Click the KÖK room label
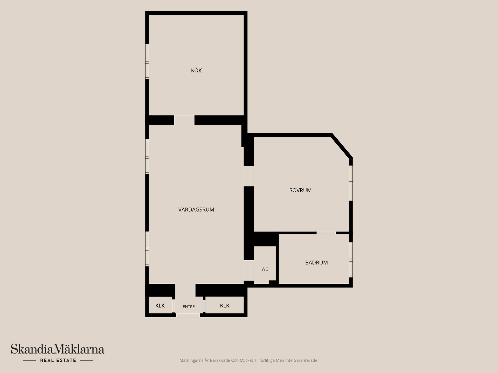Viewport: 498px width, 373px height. (x=196, y=70)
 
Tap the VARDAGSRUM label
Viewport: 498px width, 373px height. (x=196, y=210)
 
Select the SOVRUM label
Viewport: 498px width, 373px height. (x=300, y=190)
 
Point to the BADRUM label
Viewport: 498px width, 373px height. (x=316, y=263)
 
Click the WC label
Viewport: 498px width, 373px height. (x=265, y=269)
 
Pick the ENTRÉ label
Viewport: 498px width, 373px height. (x=189, y=307)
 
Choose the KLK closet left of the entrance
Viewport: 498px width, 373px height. (x=160, y=306)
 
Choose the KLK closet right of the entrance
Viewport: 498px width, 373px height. (x=225, y=306)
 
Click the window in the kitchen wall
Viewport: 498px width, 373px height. (x=147, y=62)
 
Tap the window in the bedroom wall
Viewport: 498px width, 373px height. (x=351, y=183)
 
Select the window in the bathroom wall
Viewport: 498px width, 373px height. (x=351, y=260)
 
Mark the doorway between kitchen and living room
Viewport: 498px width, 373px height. (x=184, y=120)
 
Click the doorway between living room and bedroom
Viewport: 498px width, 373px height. (x=249, y=176)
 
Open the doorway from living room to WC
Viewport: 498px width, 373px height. (x=249, y=270)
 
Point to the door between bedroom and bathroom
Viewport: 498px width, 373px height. (x=326, y=233)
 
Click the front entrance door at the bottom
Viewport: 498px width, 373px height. (x=188, y=315)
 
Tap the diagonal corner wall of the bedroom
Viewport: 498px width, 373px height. (x=341, y=146)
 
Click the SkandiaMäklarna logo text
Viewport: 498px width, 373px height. (x=58, y=349)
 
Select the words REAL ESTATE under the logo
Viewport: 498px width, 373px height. (x=58, y=360)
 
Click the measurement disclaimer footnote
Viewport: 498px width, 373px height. (x=249, y=360)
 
